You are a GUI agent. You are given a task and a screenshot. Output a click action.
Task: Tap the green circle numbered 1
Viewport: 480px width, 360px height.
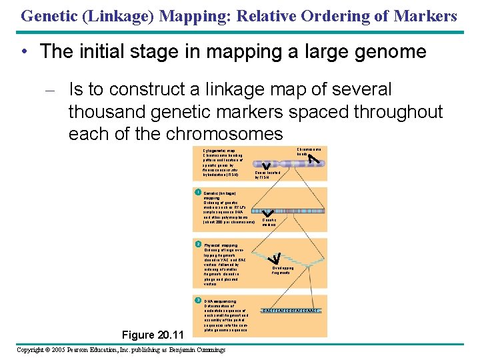point(198,192)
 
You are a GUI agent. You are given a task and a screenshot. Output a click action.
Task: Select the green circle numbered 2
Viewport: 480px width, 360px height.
point(198,244)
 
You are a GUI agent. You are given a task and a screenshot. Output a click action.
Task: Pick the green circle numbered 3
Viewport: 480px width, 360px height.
point(198,300)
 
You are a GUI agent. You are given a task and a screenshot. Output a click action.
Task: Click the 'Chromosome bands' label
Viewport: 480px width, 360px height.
point(308,151)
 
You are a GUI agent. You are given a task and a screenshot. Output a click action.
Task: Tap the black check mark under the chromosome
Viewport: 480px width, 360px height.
point(267,165)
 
